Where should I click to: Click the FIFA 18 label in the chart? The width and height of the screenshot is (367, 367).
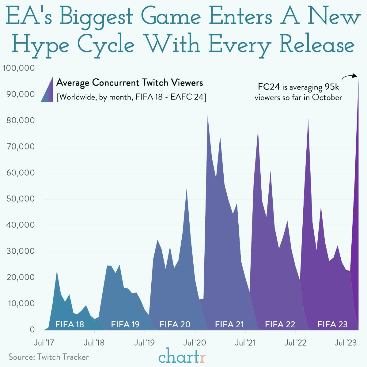(x=70, y=324)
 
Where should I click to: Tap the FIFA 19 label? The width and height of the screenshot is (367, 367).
(x=125, y=324)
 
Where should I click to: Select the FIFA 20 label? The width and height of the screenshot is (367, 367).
(x=175, y=324)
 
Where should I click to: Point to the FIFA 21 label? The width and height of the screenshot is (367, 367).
(x=229, y=324)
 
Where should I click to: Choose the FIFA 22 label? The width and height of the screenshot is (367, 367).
(x=280, y=324)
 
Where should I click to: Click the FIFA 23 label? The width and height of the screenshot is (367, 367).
(x=332, y=324)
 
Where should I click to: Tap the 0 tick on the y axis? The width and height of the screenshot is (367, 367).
(x=32, y=330)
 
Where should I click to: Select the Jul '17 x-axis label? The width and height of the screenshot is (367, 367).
(x=44, y=342)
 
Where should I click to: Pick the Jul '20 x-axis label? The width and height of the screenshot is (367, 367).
(x=195, y=342)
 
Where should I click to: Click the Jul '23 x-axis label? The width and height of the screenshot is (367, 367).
(x=346, y=342)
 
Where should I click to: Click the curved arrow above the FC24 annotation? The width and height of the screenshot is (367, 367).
(x=349, y=77)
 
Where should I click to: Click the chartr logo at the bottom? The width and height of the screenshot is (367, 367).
(x=182, y=356)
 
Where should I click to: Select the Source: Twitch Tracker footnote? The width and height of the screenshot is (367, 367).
(x=48, y=357)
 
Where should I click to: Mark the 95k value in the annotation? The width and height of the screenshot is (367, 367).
(x=332, y=87)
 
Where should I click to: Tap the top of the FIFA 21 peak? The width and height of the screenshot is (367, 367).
(x=208, y=117)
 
